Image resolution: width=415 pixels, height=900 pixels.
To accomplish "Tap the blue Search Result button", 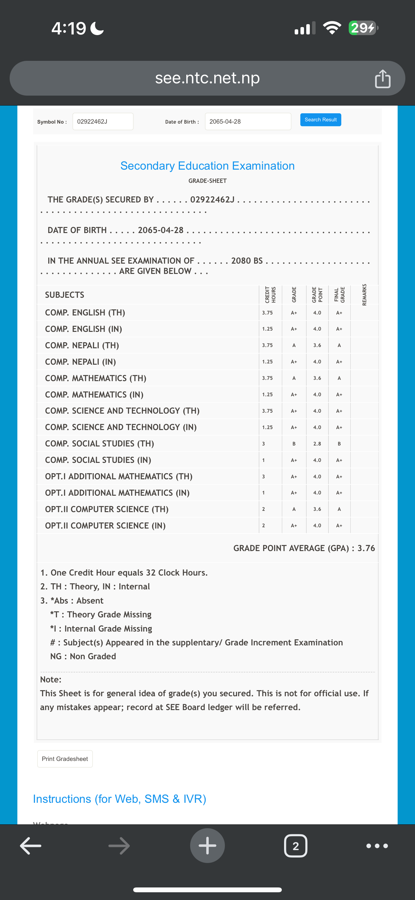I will tap(320, 120).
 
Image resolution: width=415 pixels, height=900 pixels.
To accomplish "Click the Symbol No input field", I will tap(103, 122).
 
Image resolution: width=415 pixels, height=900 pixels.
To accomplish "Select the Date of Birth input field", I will tap(248, 122).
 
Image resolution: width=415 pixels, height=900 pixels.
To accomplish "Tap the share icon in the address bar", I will tap(383, 79).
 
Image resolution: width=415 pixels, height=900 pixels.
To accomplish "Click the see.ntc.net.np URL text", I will tap(207, 78).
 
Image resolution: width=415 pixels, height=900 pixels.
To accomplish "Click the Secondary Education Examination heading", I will tap(207, 165).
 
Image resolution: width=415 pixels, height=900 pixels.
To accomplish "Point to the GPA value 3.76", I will tap(366, 548).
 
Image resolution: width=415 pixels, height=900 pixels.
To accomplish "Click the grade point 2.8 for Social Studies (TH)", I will tap(317, 444).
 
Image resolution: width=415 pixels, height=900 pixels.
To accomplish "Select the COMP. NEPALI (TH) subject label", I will tap(82, 345).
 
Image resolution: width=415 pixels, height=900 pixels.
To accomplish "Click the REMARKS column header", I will tap(364, 295).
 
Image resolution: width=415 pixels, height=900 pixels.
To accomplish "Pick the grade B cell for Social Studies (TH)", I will tap(294, 444).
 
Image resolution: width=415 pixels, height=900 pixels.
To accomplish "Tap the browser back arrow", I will tap(31, 846).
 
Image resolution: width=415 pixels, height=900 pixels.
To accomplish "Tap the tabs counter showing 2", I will tap(296, 846).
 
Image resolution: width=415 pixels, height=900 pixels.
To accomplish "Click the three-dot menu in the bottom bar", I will tap(377, 846).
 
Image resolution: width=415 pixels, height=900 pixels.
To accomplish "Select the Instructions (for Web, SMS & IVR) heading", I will tap(119, 799).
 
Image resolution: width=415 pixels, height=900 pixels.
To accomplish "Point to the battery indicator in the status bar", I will tap(363, 28).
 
